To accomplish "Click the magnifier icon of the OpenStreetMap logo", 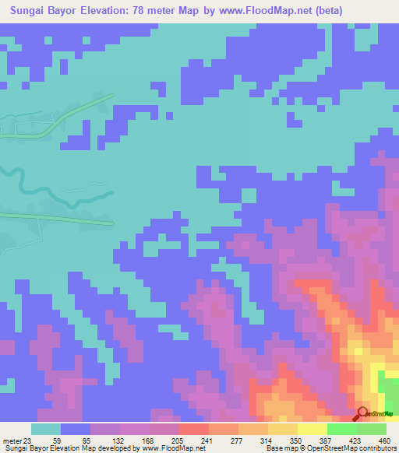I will [362, 414].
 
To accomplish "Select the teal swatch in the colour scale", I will [46, 428].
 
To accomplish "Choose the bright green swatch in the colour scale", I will [341, 428].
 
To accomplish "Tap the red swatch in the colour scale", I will [193, 428].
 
